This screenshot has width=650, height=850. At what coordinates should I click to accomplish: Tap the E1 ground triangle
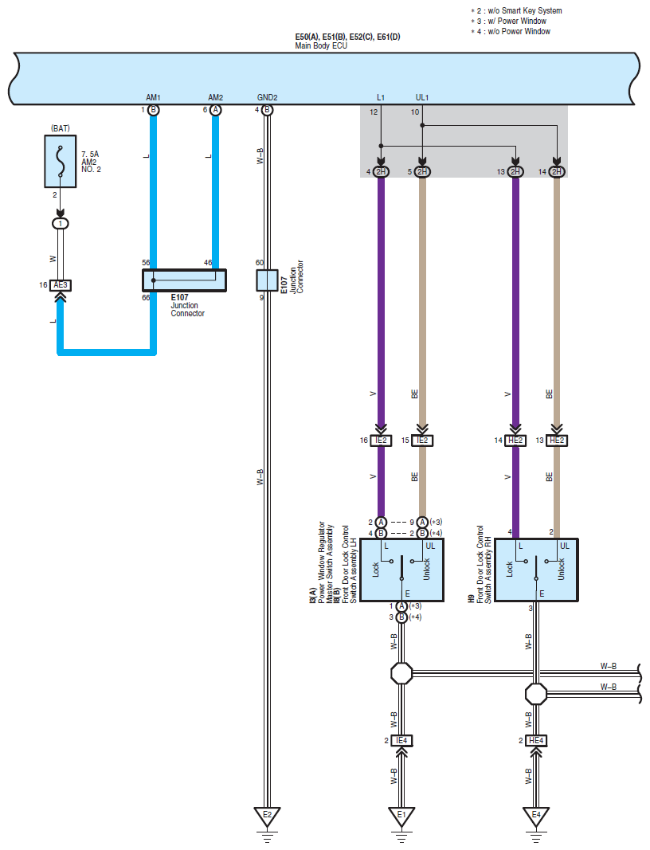(x=401, y=817)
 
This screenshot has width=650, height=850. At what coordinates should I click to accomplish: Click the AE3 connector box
(x=61, y=285)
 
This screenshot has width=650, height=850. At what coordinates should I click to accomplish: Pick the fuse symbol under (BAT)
(x=61, y=162)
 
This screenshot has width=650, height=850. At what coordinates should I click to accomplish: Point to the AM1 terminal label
(x=154, y=97)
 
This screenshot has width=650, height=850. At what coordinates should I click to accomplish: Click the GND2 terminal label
(x=268, y=97)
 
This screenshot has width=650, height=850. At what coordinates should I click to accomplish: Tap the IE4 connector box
(x=401, y=741)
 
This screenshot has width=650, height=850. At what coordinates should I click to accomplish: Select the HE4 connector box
(x=535, y=741)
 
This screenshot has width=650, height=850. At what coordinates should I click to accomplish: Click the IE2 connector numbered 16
(x=381, y=441)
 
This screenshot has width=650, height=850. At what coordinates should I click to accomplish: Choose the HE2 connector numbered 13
(x=557, y=441)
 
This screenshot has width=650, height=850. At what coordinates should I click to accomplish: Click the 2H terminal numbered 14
(x=557, y=172)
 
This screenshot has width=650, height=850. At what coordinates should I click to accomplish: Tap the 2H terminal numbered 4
(x=381, y=172)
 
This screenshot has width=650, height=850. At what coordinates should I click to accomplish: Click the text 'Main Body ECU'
(x=321, y=46)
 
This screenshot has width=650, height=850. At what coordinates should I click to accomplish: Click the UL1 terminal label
(x=422, y=97)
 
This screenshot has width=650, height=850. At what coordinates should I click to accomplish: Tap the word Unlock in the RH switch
(x=561, y=570)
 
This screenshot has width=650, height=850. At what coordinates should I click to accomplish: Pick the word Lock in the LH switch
(x=376, y=570)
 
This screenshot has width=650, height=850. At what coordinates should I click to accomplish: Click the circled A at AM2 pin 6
(x=216, y=110)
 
